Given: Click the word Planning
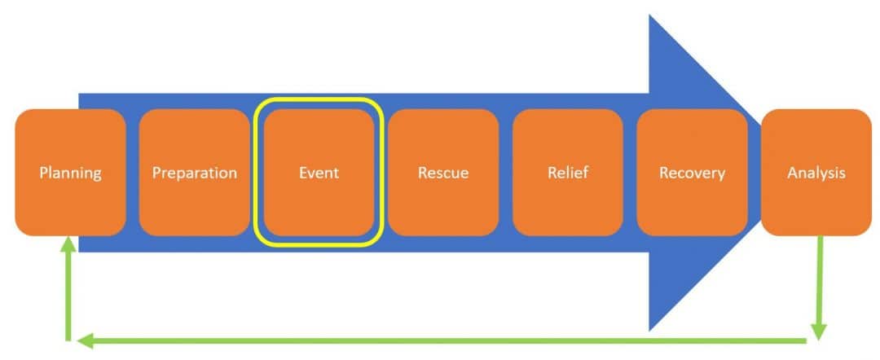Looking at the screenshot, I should tap(70, 173).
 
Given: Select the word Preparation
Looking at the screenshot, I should tap(194, 173).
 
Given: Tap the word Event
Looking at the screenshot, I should tap(318, 173).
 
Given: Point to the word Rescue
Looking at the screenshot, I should tap(442, 173).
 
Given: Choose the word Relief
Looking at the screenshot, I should tap(567, 173).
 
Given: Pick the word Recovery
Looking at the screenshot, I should tap(692, 173).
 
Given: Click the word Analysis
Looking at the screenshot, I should tap(816, 173).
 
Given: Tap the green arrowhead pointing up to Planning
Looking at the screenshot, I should tap(69, 243).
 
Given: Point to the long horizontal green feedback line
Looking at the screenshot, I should tap(448, 340).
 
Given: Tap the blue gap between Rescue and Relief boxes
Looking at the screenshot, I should tap(505, 173).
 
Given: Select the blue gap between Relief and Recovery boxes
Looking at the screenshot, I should tap(630, 173).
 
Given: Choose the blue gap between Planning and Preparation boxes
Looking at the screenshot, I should tap(133, 173).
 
